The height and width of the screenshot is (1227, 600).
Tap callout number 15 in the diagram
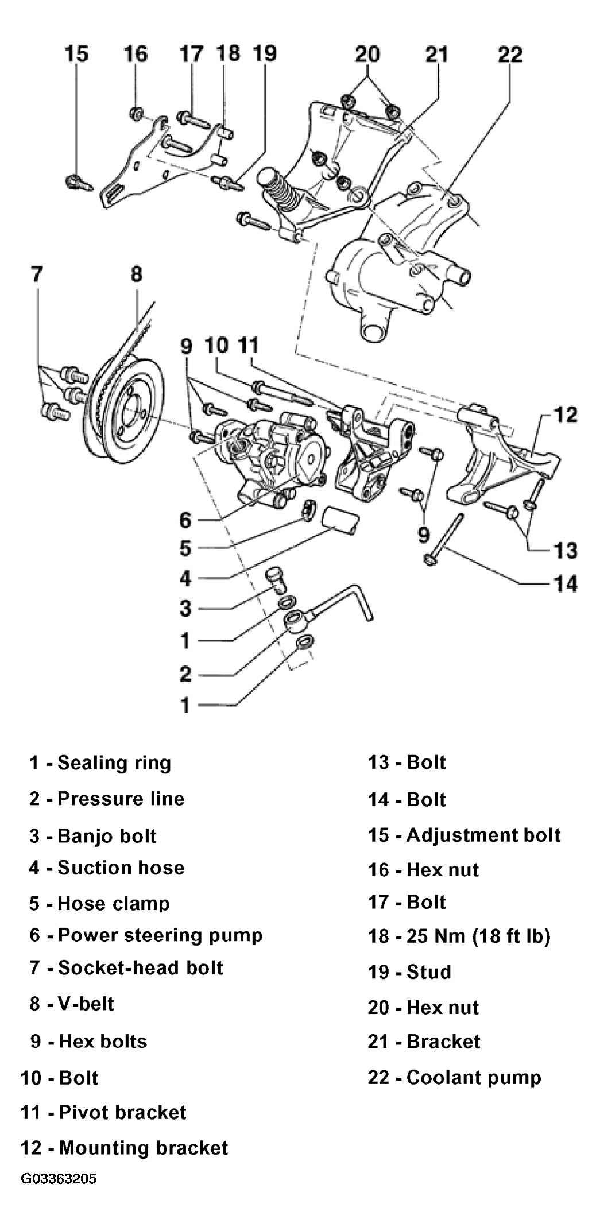coord(76,53)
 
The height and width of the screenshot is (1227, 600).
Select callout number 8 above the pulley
coord(136,273)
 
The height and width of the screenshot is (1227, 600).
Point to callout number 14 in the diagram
coord(566,583)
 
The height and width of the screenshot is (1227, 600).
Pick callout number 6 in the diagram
coord(185,520)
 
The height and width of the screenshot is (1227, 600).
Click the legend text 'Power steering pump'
coord(160,935)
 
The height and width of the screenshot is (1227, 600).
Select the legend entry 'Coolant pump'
coord(474,1077)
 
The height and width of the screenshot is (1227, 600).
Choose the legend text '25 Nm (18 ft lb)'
coord(478,936)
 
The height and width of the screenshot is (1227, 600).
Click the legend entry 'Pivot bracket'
coord(123,1112)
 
